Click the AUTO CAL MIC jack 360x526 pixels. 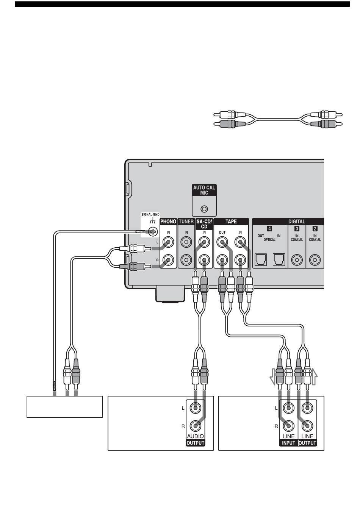[204, 209]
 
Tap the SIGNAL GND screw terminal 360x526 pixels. [153, 232]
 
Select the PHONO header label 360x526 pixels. [168, 222]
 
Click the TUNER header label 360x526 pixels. [186, 222]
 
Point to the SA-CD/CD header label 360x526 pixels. [204, 224]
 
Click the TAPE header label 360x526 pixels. [231, 222]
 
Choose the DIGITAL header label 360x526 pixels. [297, 222]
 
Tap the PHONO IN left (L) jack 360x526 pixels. [168, 242]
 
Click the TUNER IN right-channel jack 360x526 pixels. [186, 260]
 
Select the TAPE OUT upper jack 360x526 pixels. [222, 242]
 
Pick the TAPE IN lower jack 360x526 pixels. [240, 260]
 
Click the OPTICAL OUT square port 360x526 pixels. [261, 259]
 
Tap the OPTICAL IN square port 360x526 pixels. [279, 259]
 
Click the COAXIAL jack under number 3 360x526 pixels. [297, 260]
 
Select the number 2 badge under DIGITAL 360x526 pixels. [315, 228]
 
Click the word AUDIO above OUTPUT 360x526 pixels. [196, 436]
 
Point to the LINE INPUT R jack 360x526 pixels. [288, 426]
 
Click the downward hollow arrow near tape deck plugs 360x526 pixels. [272, 377]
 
